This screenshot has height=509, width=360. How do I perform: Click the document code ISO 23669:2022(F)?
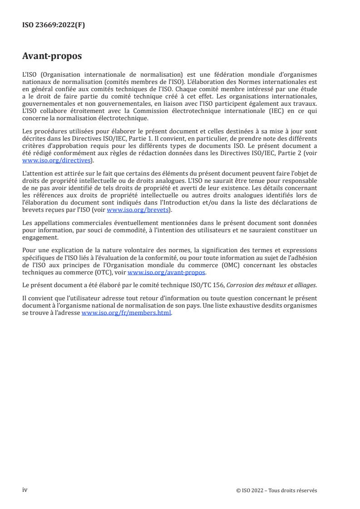tap(54, 25)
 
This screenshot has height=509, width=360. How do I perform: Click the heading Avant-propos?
tap(52, 56)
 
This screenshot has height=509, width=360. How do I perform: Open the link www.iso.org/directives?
tap(57, 161)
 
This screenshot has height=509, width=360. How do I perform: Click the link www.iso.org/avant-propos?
tap(167, 272)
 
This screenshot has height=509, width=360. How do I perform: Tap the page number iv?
tap(25, 490)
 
